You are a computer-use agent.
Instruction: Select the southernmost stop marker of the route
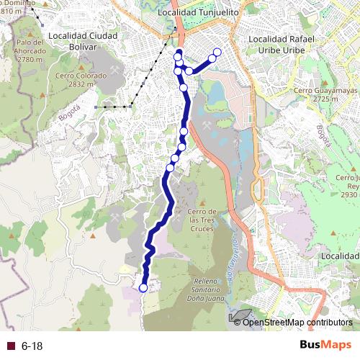click(x=143, y=288)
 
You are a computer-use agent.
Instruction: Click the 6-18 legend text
click(x=32, y=346)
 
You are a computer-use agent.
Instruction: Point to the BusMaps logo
click(x=325, y=345)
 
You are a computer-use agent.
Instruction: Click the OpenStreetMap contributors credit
click(x=297, y=322)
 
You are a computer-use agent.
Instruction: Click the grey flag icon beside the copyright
click(x=240, y=316)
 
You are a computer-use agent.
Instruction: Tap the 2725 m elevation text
click(x=321, y=100)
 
